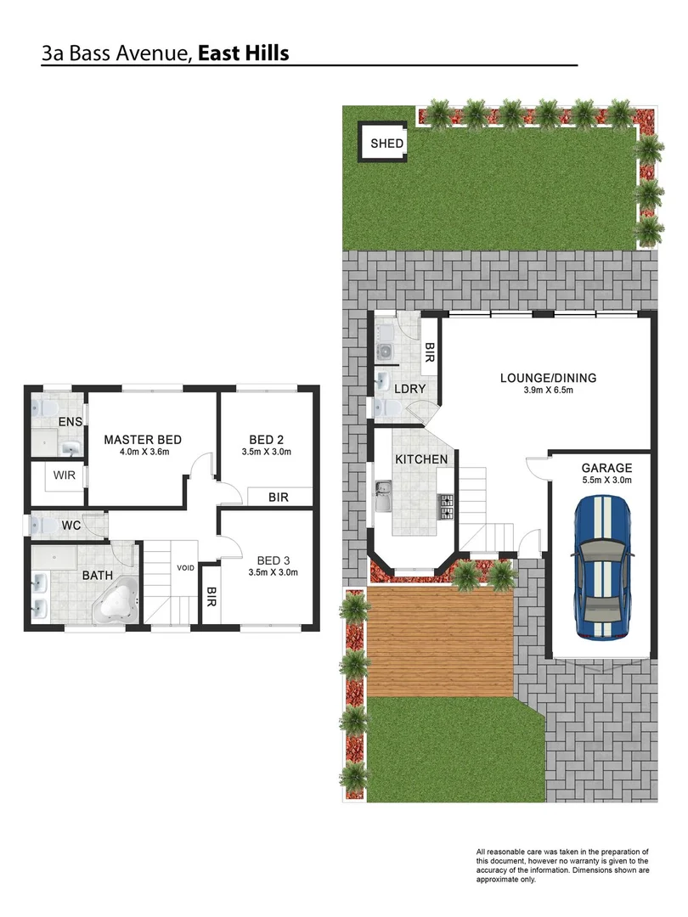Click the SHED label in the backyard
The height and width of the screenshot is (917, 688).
point(386,143)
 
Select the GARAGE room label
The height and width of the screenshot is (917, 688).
point(606,468)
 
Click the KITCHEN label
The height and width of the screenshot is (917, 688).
point(420,459)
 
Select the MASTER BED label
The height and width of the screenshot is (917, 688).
point(143,439)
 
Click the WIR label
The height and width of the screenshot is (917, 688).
point(65,475)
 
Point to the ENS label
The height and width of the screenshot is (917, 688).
point(69,422)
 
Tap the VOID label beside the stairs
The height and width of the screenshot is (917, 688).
point(186,567)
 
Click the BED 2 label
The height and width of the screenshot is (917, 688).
point(266,439)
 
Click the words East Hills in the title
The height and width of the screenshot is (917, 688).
point(243,53)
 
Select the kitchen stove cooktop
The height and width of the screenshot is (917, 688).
point(444,506)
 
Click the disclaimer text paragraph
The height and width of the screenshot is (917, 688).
point(562,866)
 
